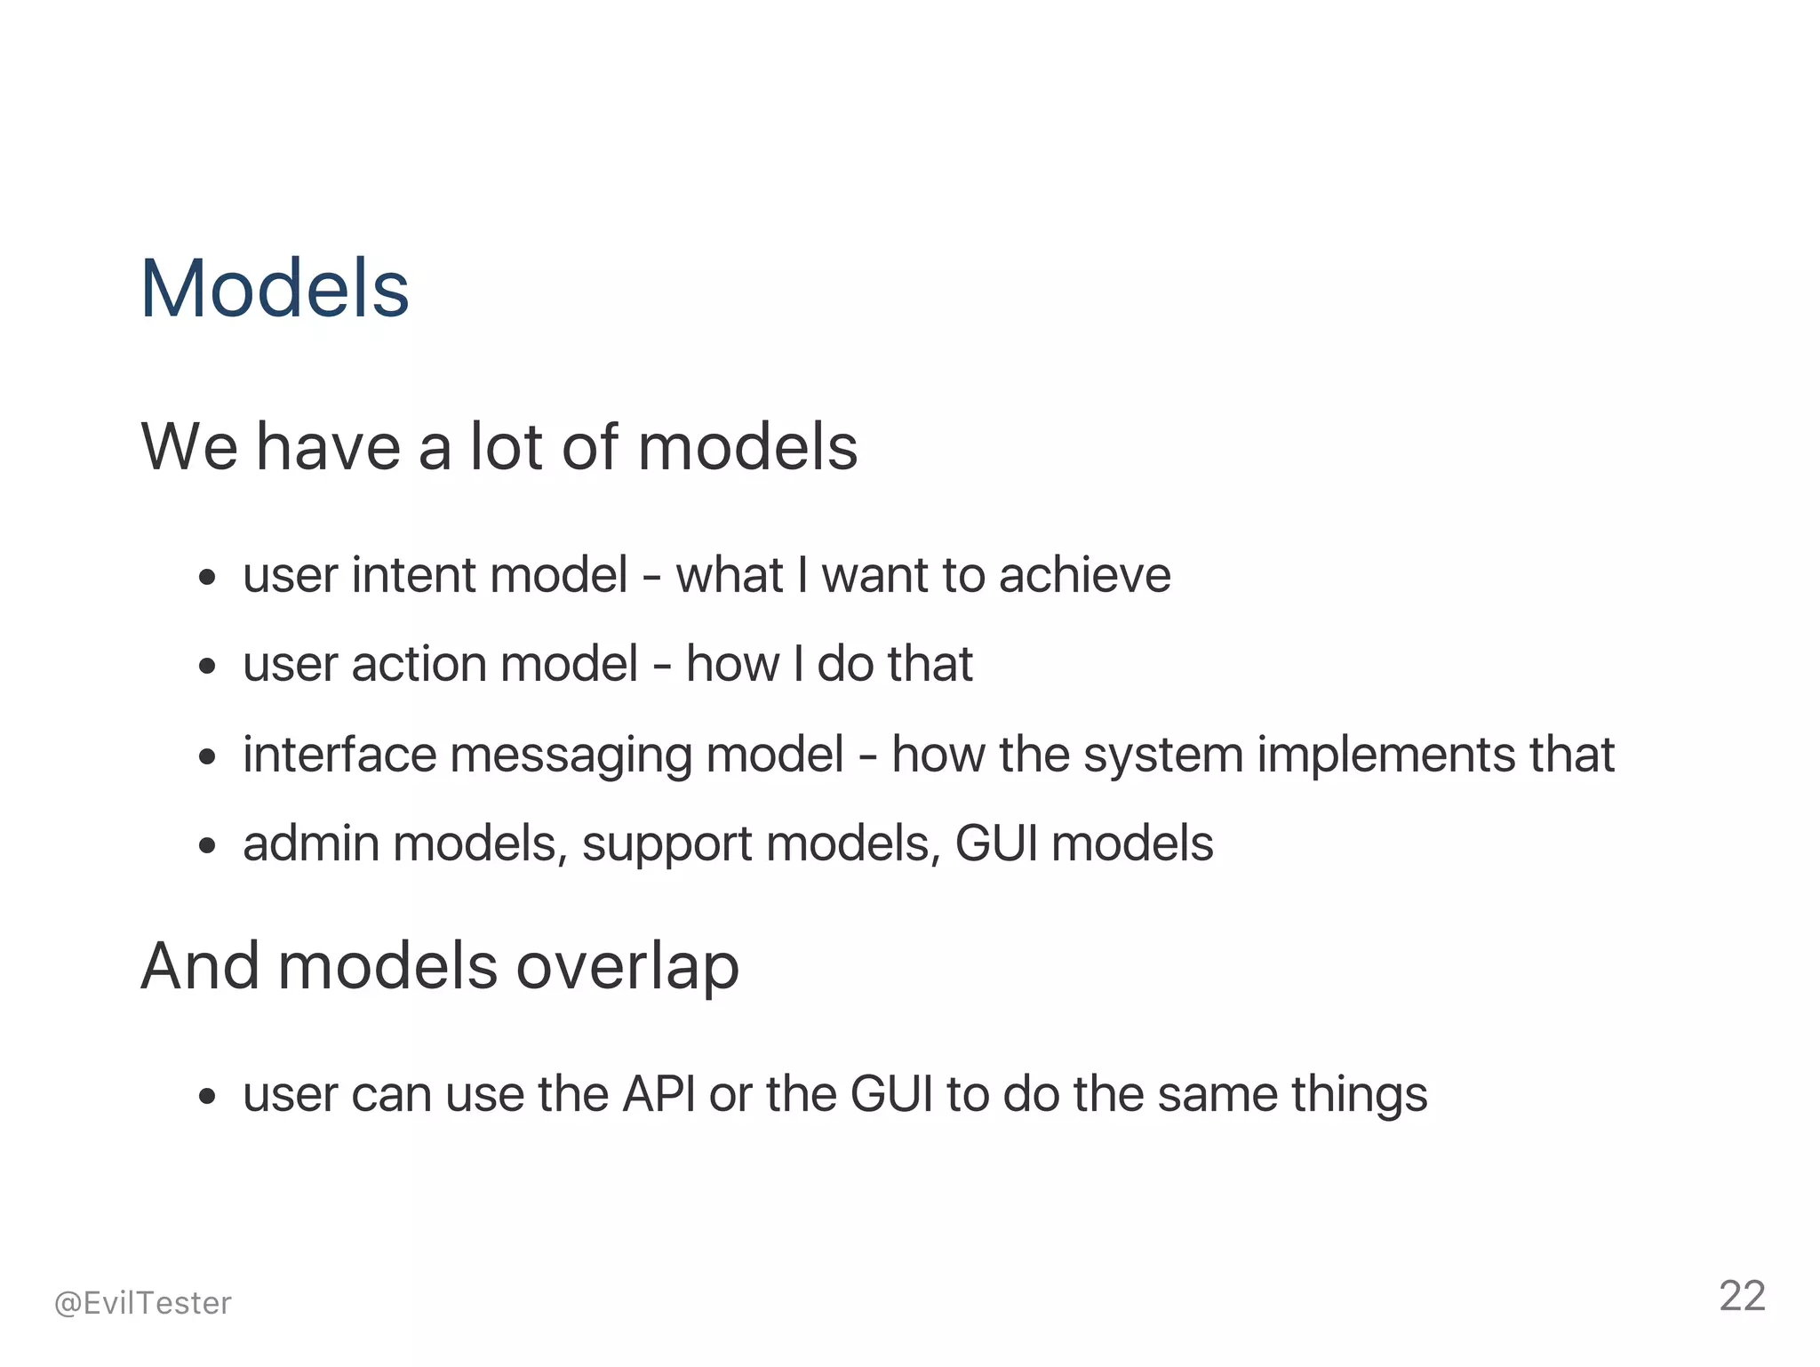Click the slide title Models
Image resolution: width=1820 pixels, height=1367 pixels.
[275, 289]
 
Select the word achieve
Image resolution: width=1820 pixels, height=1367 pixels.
[1084, 575]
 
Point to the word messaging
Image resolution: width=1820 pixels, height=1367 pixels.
[570, 755]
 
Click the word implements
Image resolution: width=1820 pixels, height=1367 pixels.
[1385, 755]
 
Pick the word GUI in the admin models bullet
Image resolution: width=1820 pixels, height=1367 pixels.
[995, 843]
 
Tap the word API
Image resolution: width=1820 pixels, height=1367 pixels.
[659, 1094]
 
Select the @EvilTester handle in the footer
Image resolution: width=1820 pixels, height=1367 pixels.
[142, 1303]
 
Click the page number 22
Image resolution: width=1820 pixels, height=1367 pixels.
[1742, 1297]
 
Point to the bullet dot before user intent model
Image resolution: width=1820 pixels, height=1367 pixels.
[207, 579]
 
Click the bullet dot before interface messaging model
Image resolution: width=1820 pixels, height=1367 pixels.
[207, 758]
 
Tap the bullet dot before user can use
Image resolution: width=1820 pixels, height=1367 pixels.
[207, 1098]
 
